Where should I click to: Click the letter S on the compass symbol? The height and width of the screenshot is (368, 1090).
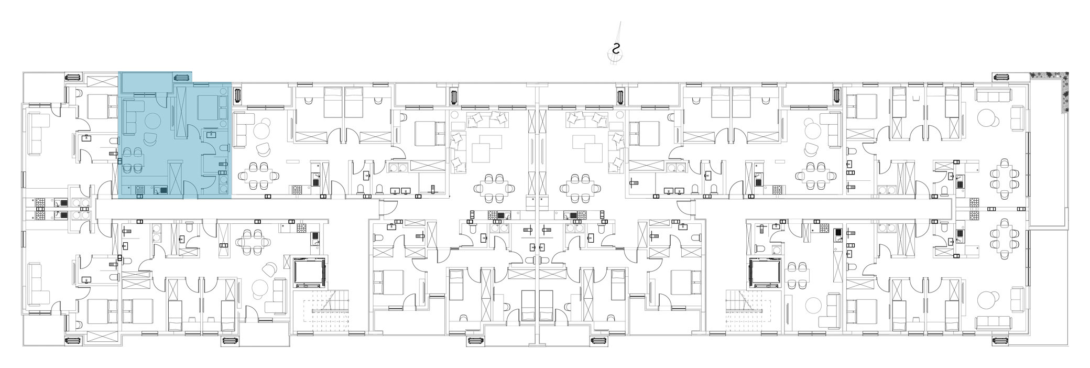click(x=617, y=49)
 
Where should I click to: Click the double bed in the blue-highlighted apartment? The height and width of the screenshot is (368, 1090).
click(x=209, y=107)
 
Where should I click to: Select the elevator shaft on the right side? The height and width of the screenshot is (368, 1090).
click(x=765, y=273)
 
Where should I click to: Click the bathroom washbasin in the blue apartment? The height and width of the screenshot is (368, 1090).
click(x=211, y=135)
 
